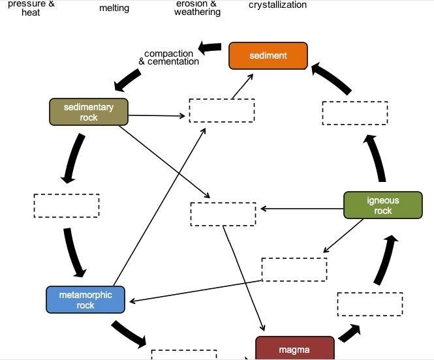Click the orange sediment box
tap(268, 55)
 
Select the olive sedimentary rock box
tap(89, 112)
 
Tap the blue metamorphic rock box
tap(85, 299)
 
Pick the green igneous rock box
tap(382, 205)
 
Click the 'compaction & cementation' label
tap(169, 57)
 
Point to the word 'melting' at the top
tap(114, 8)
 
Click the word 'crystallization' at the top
tap(277, 5)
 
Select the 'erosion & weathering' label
tap(197, 8)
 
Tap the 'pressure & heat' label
tap(31, 8)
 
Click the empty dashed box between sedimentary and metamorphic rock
tap(67, 205)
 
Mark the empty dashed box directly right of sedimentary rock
tap(222, 110)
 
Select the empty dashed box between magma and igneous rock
tap(369, 304)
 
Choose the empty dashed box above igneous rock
tap(354, 113)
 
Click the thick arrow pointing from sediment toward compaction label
tap(210, 48)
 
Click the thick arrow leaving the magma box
tap(350, 332)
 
